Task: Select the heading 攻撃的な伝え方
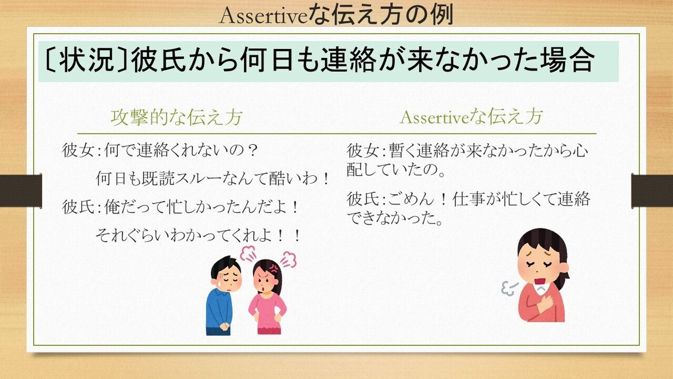point(177,117)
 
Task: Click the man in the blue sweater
point(224,295)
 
